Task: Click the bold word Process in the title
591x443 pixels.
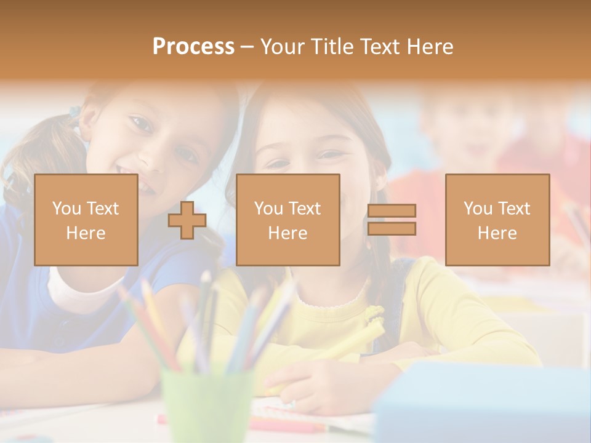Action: coord(193,47)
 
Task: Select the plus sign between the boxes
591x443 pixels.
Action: coord(187,220)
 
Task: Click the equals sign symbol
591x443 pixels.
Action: coord(392,220)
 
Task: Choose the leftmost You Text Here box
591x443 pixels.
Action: coord(86,220)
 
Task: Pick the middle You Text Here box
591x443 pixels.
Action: coord(288,220)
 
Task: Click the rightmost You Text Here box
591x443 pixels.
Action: coord(497,220)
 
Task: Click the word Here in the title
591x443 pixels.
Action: coord(431,47)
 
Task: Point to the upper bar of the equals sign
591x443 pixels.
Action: coord(392,210)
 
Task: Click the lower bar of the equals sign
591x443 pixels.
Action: coord(392,228)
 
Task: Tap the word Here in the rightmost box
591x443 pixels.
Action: coord(497,233)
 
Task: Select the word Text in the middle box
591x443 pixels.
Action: coord(304,209)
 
